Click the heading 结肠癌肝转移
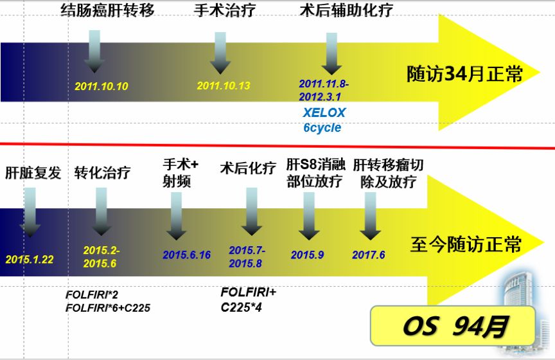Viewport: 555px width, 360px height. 107,10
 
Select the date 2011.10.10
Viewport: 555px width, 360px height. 101,86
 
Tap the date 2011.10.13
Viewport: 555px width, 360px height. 224,86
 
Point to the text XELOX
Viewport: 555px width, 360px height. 324,113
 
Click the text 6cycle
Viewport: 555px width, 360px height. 322,127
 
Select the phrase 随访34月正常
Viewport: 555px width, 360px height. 464,73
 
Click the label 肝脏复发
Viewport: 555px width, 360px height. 33,173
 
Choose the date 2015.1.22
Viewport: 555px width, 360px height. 30,259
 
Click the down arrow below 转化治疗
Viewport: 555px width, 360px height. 101,212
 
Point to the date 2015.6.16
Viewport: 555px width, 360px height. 186,255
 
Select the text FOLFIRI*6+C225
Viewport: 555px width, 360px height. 108,308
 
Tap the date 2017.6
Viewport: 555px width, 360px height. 369,255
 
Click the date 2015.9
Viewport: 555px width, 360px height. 307,255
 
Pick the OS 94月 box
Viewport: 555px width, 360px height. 454,327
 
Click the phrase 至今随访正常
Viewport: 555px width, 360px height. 466,245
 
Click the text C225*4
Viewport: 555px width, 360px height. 241,307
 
